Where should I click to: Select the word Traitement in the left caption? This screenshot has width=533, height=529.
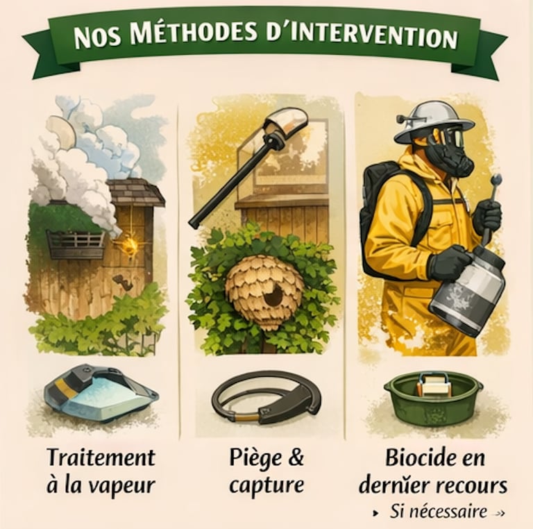[101, 457]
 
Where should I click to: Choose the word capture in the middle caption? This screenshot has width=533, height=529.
[266, 486]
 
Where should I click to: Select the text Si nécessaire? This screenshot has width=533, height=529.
[438, 511]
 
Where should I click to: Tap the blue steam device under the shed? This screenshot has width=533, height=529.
[101, 391]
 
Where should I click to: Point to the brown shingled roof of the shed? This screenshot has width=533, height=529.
[136, 192]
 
